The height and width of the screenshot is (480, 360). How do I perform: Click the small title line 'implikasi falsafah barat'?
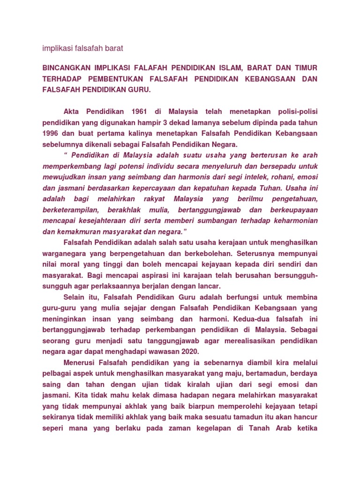tap(82, 48)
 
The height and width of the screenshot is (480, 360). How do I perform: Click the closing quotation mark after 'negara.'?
tap(185, 231)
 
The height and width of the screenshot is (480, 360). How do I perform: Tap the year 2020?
tap(189, 351)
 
